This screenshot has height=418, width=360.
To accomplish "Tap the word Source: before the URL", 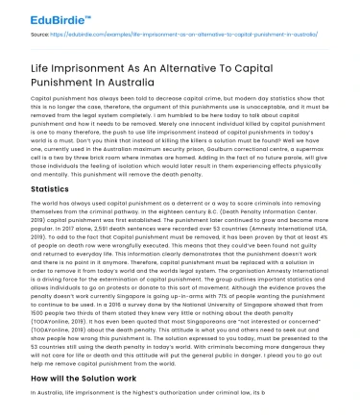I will pyautogui.click(x=41, y=34).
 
